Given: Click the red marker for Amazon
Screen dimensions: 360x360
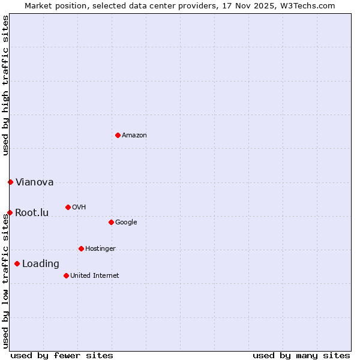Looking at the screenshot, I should click(x=118, y=135).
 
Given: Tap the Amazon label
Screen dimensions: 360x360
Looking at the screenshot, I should click(x=134, y=136).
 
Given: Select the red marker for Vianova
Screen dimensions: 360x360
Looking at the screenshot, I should click(x=10, y=182).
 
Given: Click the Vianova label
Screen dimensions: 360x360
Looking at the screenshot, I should click(x=34, y=182).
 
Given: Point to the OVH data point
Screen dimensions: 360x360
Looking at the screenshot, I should click(x=68, y=207).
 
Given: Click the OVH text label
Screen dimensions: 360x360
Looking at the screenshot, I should click(x=79, y=208).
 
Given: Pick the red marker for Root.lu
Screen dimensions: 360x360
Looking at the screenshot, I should click(x=10, y=212).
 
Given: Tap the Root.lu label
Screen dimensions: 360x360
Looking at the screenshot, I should click(x=32, y=213).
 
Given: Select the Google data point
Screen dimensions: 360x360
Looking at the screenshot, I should click(x=111, y=222).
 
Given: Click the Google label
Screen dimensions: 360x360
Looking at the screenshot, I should click(x=126, y=223).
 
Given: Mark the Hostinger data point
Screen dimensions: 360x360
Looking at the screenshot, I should click(x=81, y=248).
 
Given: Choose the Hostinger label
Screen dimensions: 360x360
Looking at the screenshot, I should click(x=100, y=249).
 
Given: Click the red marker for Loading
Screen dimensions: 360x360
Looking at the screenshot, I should click(x=17, y=263).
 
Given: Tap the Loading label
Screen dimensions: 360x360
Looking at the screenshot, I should click(x=41, y=264).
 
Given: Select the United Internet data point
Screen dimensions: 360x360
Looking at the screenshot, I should click(x=66, y=275).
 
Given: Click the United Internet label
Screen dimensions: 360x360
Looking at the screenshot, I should click(x=94, y=276).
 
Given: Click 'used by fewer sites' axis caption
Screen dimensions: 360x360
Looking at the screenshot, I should click(x=62, y=355).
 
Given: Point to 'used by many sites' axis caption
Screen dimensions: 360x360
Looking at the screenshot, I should click(x=301, y=355).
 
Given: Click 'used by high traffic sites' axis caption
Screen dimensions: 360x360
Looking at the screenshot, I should click(x=6, y=85).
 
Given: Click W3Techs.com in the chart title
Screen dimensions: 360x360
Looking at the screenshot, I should click(x=306, y=6).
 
